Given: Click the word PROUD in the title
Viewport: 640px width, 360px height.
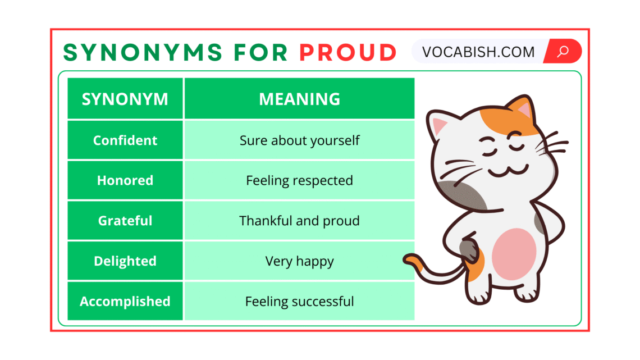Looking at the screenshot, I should pos(348,52).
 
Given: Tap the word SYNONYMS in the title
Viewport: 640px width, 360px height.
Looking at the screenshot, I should pos(143,52).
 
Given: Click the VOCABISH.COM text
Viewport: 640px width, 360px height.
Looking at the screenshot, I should pos(478,52).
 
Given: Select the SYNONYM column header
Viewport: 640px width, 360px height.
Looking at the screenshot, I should pos(125,99).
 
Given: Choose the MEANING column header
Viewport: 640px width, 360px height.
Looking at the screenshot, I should pos(299,99).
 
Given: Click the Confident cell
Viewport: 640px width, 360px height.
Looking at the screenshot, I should pos(125,140).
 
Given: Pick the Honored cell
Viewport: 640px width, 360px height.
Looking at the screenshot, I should pos(125,180).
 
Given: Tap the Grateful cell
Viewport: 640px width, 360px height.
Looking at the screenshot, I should pos(125,221).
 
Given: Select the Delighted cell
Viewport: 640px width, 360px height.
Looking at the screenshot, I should pos(125,261).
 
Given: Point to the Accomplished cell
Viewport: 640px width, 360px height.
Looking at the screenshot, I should pos(125,302).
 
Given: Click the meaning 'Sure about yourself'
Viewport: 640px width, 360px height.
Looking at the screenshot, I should pos(299,140).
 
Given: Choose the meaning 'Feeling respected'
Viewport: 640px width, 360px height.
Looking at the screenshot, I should pos(299,180).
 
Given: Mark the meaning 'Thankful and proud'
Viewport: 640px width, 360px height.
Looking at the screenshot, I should pos(299,221).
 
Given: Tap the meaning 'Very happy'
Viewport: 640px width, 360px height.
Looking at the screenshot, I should pos(299,261).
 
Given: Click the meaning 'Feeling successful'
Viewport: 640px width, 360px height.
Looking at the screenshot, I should pos(299,302).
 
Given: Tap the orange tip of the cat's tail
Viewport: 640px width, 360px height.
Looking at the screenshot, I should pos(413,259).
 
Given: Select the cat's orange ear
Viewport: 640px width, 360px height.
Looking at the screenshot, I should pos(520,110).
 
